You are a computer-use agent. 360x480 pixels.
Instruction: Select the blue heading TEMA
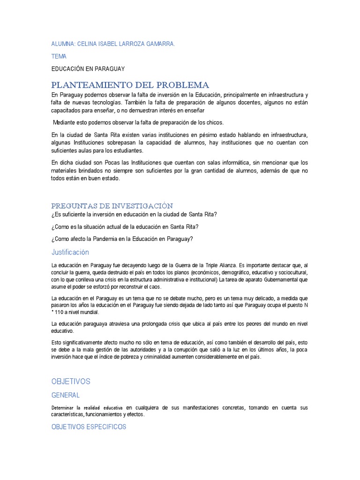click(59, 56)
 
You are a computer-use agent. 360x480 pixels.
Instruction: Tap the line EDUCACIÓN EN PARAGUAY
click(88, 69)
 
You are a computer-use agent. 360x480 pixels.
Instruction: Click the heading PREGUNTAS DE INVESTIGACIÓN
click(112, 205)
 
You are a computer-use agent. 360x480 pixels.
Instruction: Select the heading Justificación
click(70, 252)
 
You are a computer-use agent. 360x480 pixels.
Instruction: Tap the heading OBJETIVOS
click(70, 381)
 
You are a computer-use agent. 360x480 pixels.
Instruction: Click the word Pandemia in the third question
click(110, 239)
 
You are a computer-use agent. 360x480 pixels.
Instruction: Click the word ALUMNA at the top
click(62, 44)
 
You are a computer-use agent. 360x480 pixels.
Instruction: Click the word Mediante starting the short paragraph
click(65, 123)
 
